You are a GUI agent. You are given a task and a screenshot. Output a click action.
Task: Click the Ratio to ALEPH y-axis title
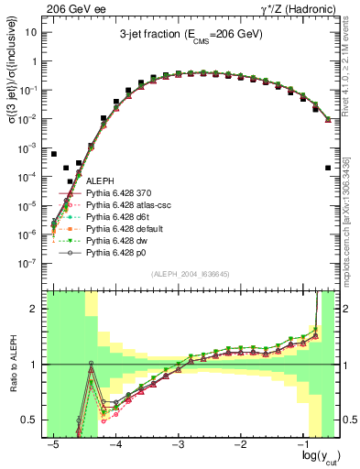[x=12, y=365]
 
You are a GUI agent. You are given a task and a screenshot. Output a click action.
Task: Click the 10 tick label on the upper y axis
[x=32, y=32]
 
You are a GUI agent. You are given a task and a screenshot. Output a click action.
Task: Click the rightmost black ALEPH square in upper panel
[x=329, y=168]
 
